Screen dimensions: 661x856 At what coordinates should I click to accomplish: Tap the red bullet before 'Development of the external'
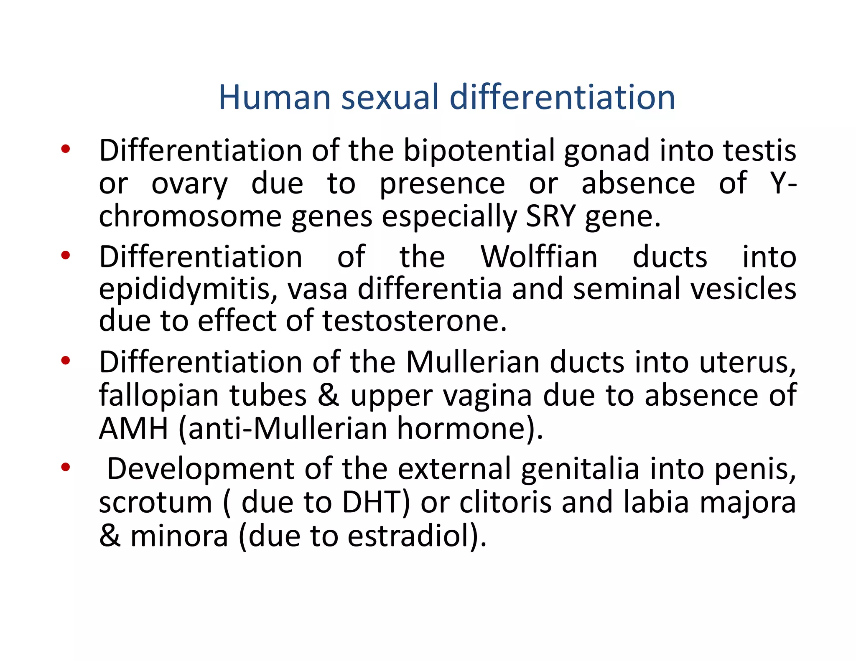tap(65, 467)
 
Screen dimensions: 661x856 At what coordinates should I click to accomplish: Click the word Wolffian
tap(539, 257)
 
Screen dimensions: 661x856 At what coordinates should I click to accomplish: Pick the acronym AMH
tap(133, 428)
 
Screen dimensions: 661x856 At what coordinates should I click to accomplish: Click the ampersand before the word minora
tap(110, 536)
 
